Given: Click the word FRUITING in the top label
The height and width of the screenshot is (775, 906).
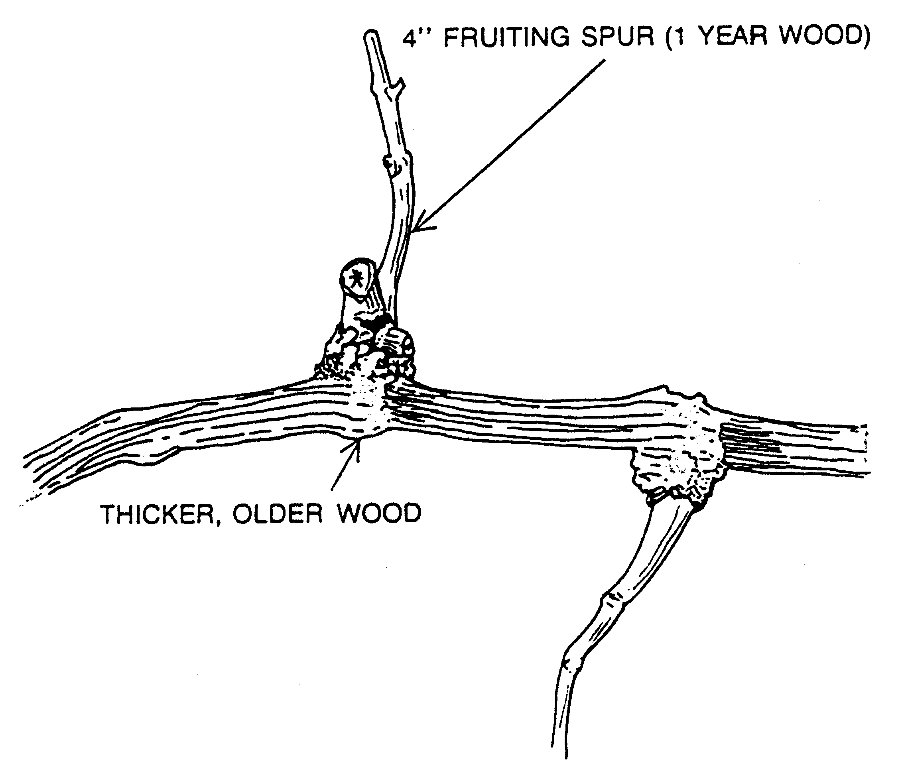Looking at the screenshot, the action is point(507,37).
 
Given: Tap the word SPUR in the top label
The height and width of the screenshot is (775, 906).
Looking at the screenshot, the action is point(617,37).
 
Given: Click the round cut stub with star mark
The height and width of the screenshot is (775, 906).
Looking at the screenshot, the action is point(357,278).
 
